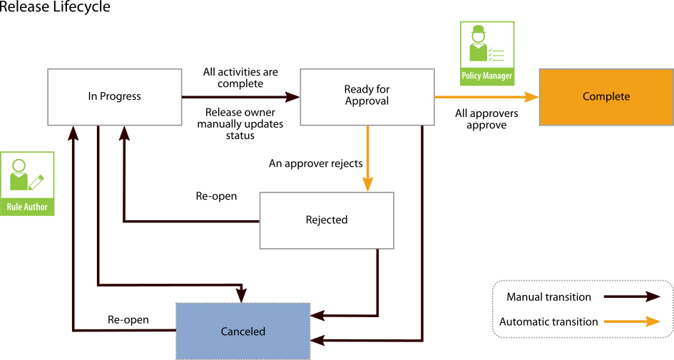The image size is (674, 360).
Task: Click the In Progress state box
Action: (x=114, y=97)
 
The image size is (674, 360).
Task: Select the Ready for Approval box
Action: (x=367, y=96)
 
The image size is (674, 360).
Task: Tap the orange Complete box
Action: (x=606, y=97)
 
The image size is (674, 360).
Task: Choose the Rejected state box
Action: (x=326, y=220)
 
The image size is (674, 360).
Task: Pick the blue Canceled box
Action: (x=242, y=331)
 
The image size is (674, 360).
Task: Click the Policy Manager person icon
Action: (x=478, y=45)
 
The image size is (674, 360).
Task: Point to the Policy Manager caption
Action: (x=487, y=76)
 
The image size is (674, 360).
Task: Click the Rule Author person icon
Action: (x=20, y=175)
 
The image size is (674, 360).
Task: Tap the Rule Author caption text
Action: (x=27, y=207)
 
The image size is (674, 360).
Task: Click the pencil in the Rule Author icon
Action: (x=36, y=182)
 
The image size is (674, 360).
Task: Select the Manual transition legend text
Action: (x=548, y=297)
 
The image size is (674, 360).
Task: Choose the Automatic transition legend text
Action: (x=548, y=322)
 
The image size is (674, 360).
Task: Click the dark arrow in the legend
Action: (x=631, y=297)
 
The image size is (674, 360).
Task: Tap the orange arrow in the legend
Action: (x=631, y=322)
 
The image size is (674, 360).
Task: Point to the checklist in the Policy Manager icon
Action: (x=496, y=54)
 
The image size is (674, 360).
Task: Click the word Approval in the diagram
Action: (x=367, y=101)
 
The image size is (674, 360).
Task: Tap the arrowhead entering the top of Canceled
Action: (x=242, y=294)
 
